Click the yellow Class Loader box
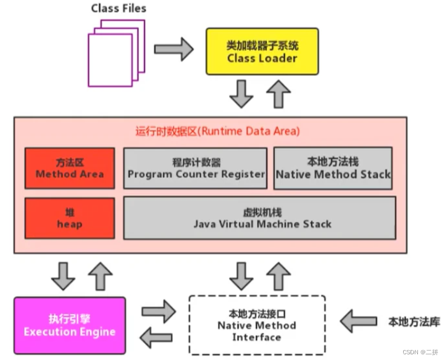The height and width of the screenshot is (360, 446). (262, 52)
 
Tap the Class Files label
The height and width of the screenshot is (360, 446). (119, 8)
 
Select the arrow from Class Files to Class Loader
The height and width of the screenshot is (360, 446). (174, 49)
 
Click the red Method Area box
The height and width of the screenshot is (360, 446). (70, 168)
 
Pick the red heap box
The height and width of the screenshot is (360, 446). (70, 218)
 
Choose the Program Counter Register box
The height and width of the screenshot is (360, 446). (195, 168)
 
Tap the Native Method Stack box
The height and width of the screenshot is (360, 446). (333, 168)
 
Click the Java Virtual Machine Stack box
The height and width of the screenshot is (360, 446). (260, 218)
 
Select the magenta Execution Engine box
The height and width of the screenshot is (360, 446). (70, 326)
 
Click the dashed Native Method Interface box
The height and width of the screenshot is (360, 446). (257, 325)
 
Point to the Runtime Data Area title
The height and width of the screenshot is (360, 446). (218, 131)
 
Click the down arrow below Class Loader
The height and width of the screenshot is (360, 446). (241, 94)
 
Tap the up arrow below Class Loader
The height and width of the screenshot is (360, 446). (278, 94)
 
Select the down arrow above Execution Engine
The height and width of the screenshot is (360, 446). (63, 276)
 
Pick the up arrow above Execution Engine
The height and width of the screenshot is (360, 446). (100, 276)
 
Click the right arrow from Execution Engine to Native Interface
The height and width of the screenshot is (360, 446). (159, 312)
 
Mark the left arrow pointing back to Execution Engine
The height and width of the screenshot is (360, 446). (156, 338)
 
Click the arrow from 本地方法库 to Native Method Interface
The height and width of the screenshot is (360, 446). (359, 322)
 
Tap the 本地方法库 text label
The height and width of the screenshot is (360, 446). (414, 322)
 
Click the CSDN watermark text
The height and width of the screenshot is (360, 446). (420, 352)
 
